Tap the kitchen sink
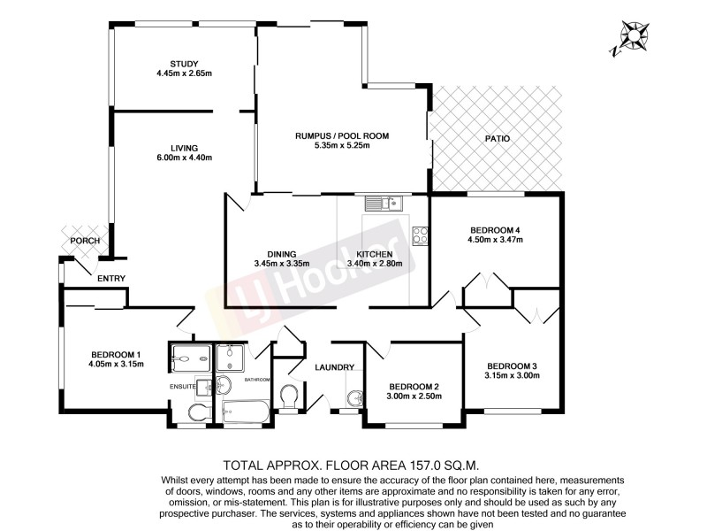383,204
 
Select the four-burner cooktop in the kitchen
420,236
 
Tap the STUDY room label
185,63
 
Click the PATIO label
498,139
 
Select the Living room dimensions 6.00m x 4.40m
185,158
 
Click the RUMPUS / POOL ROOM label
342,135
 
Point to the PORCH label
85,241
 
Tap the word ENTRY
111,279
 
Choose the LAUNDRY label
335,367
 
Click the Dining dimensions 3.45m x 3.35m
283,263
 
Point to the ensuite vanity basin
205,386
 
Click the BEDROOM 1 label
115,354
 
